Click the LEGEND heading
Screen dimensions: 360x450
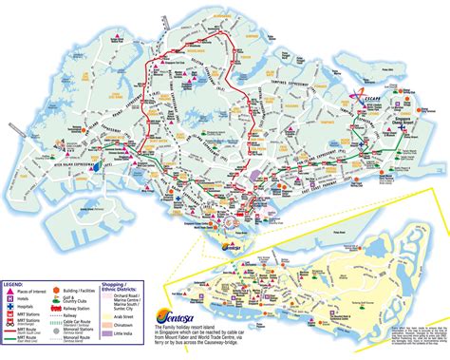coord(14,284)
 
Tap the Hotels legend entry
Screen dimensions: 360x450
coord(26,299)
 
